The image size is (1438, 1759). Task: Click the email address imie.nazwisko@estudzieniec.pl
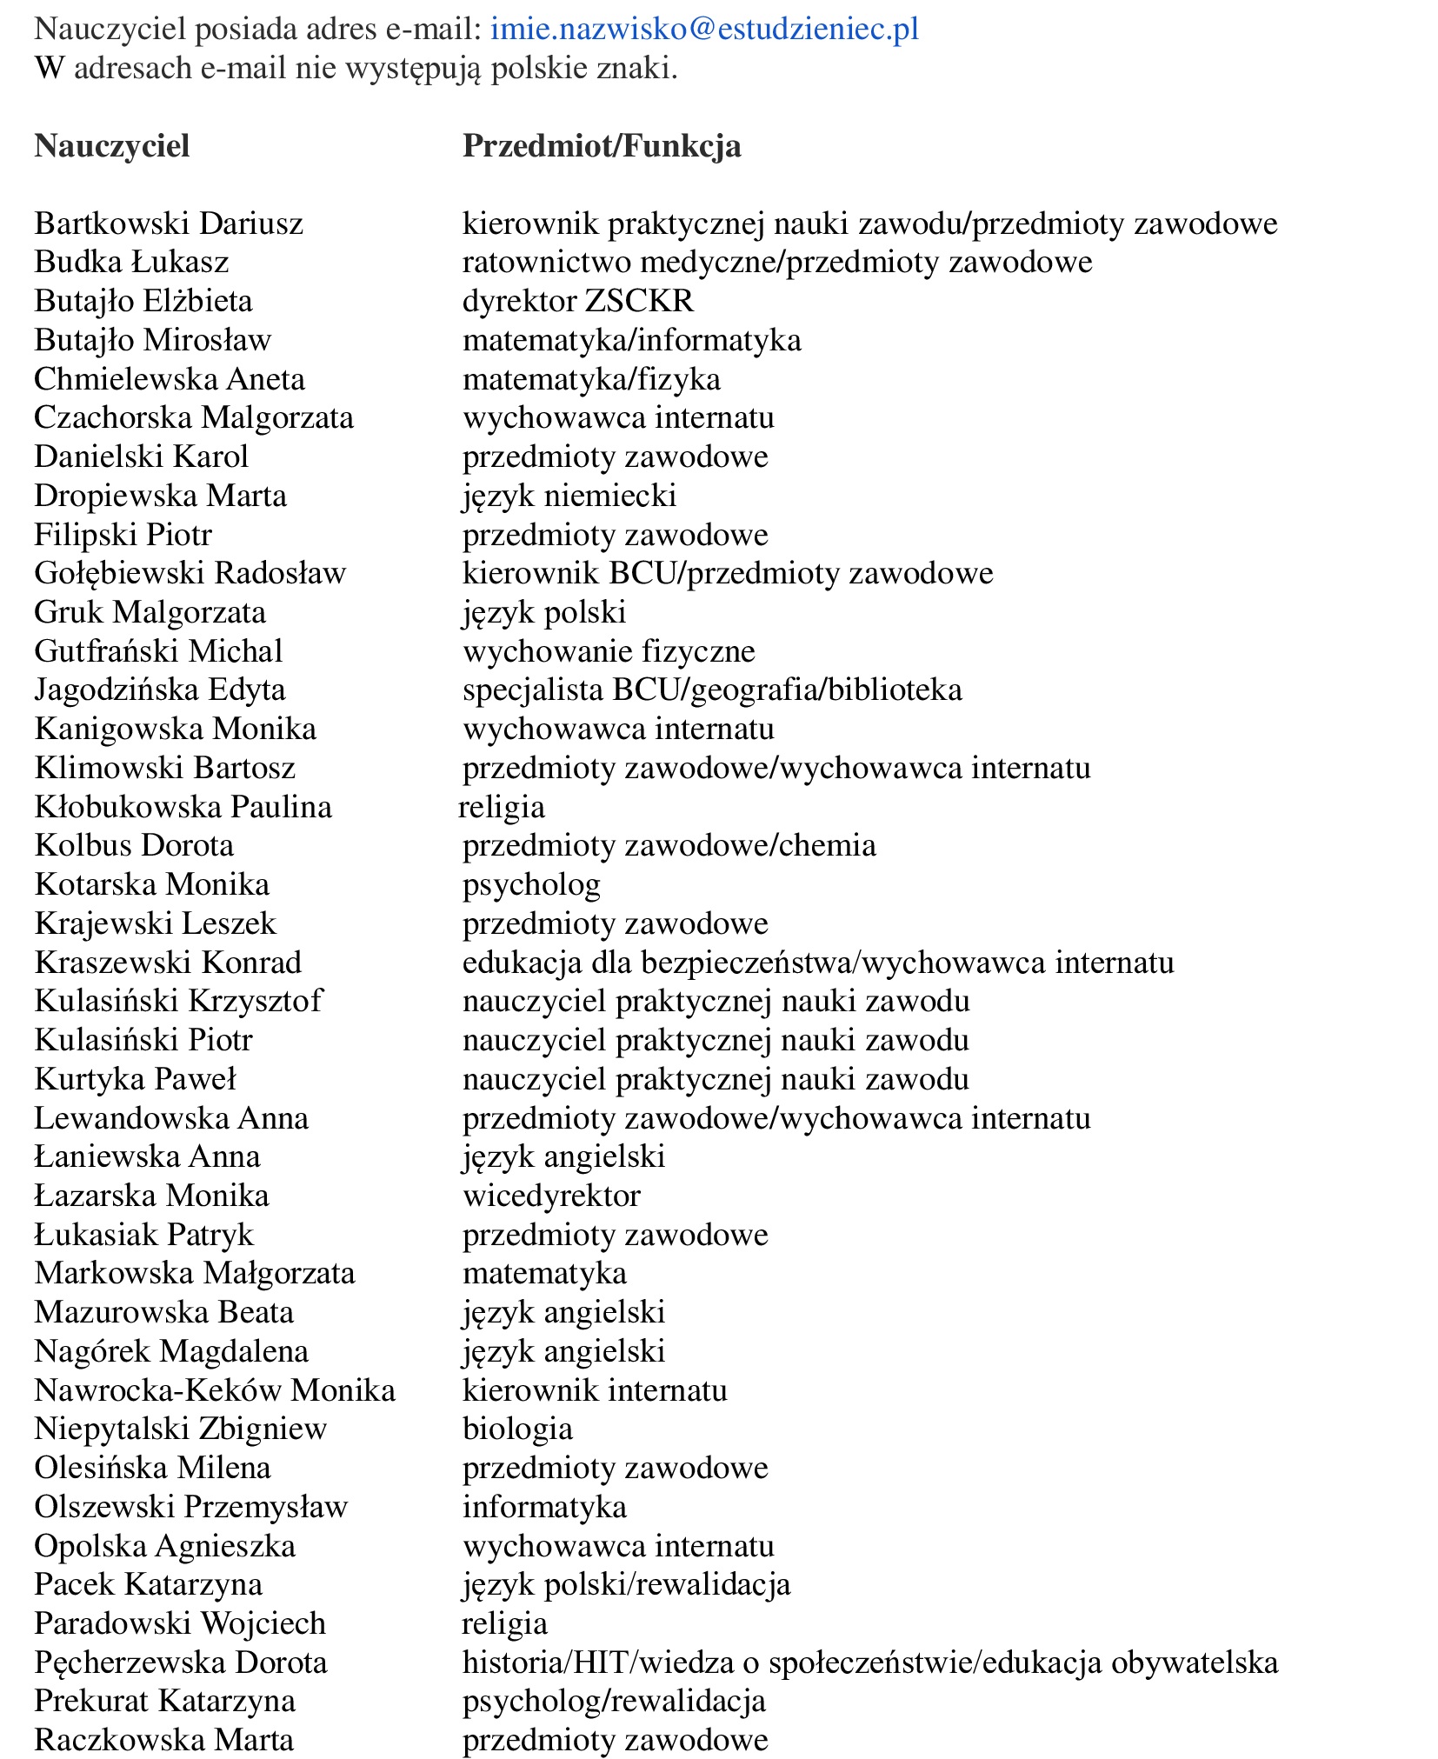[x=704, y=30]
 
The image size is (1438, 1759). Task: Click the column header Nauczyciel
[x=111, y=145]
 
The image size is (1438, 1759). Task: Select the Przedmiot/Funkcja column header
[x=602, y=145]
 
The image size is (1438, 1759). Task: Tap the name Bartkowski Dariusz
[x=169, y=223]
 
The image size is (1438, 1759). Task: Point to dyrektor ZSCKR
[x=578, y=301]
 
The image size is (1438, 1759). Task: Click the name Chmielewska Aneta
[x=170, y=379]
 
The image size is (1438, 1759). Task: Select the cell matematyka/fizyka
[x=591, y=379]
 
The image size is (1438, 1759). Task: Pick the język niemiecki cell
[x=569, y=496]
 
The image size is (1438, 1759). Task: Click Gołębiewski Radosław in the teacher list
[x=190, y=573]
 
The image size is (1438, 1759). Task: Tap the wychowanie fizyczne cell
[x=609, y=651]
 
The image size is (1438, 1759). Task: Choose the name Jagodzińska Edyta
[x=160, y=690]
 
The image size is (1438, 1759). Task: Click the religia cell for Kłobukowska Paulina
[x=503, y=807]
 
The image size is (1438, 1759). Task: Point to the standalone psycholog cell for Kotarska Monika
[x=531, y=884]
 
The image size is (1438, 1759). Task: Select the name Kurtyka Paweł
[x=135, y=1079]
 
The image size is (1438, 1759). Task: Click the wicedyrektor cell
[x=551, y=1196]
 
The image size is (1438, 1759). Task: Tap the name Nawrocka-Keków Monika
[x=215, y=1390]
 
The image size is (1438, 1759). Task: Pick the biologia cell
[x=517, y=1429]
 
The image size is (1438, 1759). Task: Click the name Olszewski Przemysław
[x=190, y=1507]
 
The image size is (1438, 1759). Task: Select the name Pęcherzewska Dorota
[x=181, y=1662]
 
